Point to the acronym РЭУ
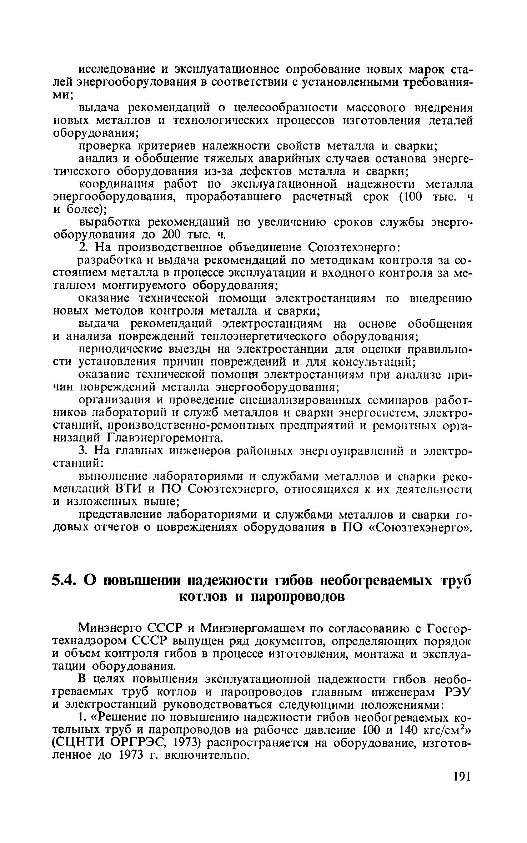(x=458, y=692)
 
